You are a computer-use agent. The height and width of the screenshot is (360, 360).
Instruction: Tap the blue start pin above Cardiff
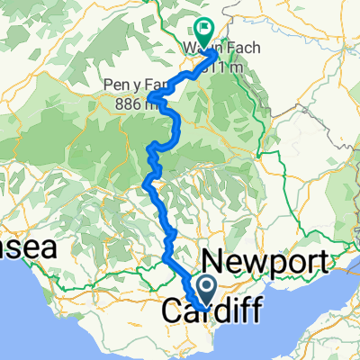204,290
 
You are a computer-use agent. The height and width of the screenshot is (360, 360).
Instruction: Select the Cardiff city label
212,312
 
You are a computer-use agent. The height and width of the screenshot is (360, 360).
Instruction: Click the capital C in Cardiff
172,312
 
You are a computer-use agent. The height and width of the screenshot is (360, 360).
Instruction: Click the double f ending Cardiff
250,312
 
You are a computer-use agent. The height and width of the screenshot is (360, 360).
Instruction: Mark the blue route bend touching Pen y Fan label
155,97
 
